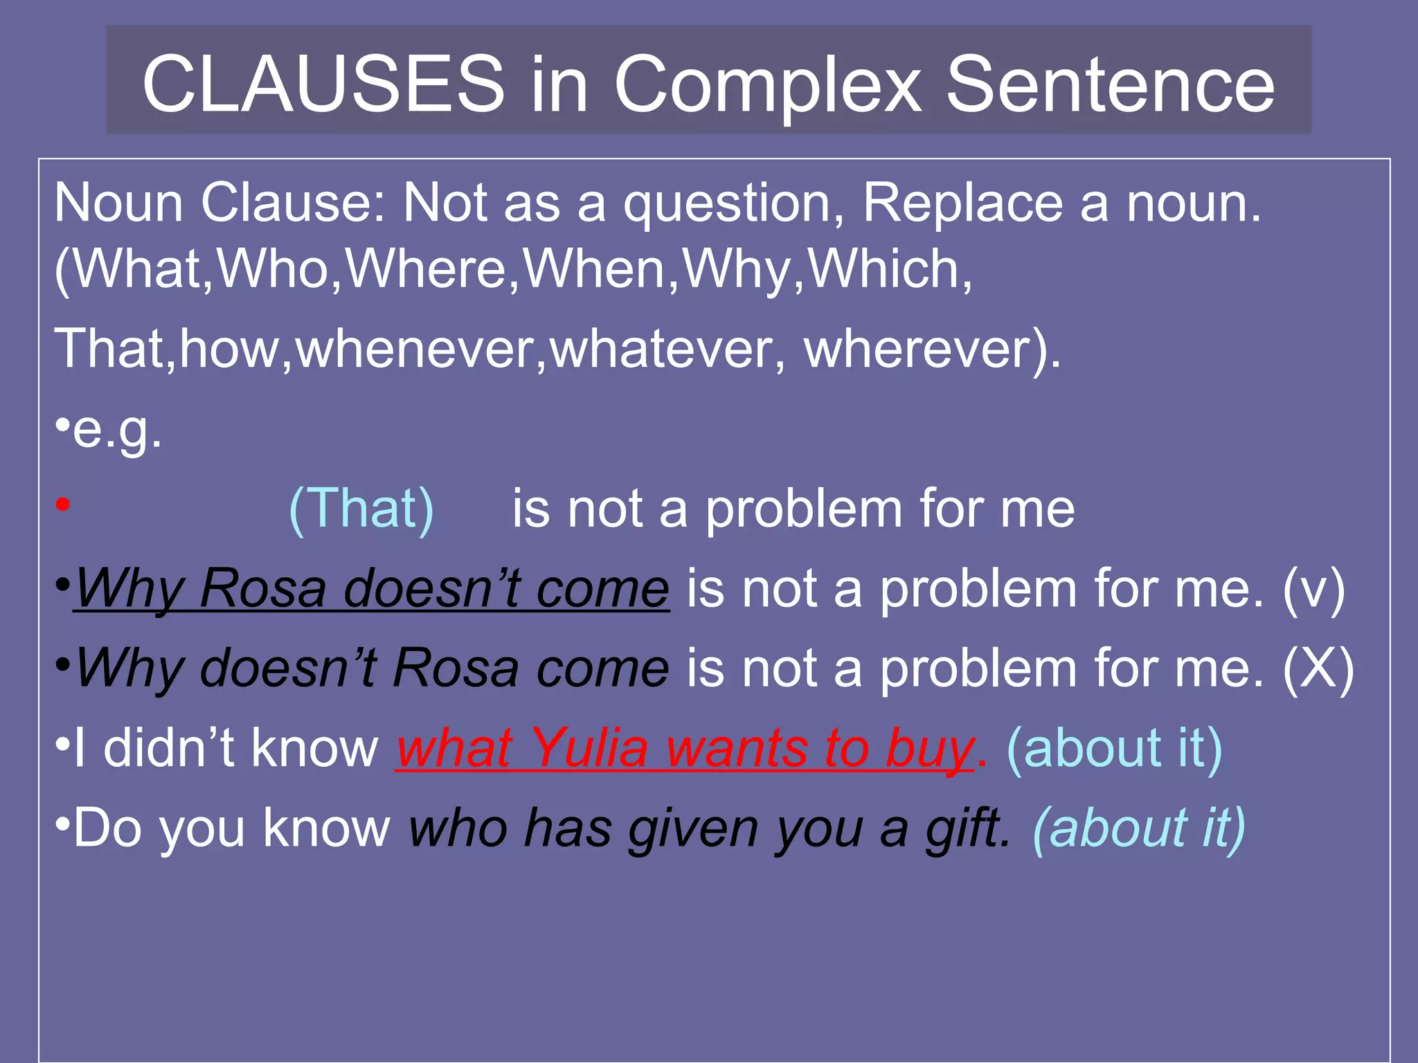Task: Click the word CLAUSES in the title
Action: [323, 84]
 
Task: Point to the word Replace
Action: [962, 203]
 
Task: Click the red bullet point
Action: [63, 505]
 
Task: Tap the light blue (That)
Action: [361, 509]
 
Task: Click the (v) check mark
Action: [1313, 590]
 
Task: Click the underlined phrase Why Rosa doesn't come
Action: [372, 590]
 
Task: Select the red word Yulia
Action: [589, 749]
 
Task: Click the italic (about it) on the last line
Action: [1138, 828]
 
